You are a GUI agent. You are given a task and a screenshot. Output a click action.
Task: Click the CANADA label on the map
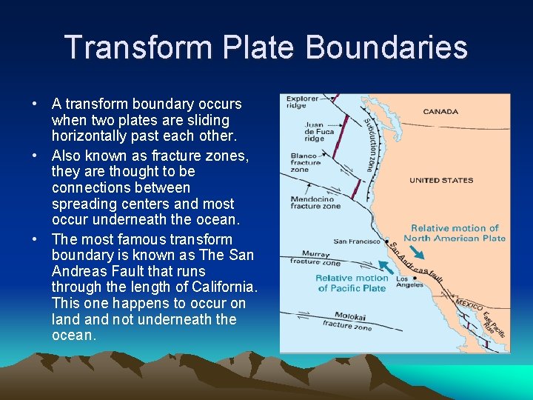tap(440, 112)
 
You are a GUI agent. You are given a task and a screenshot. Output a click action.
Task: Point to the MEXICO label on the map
tap(469, 304)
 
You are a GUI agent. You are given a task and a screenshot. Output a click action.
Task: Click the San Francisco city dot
tap(386, 241)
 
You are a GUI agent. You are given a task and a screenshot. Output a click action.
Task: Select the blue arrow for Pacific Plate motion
tap(384, 266)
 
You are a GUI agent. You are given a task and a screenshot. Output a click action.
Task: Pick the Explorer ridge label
tap(301, 101)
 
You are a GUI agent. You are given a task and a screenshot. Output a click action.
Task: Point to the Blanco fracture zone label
tap(304, 162)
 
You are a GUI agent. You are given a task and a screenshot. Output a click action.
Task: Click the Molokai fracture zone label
tap(346, 321)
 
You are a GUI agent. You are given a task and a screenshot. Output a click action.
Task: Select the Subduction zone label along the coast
tap(369, 144)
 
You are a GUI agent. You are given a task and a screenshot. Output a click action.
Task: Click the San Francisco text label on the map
tap(357, 241)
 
